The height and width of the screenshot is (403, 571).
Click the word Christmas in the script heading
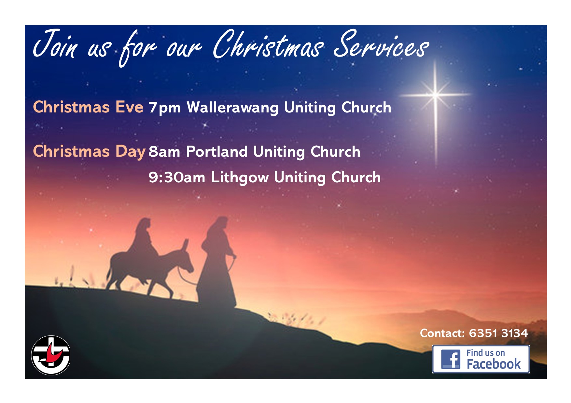[268, 45]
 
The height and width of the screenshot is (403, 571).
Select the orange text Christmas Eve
[88, 107]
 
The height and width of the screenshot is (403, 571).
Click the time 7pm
[164, 108]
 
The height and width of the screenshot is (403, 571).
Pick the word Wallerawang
[232, 108]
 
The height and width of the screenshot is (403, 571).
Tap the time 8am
[164, 152]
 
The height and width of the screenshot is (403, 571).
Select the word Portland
[217, 151]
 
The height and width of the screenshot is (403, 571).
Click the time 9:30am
[177, 178]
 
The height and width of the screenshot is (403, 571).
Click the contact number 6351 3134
[498, 333]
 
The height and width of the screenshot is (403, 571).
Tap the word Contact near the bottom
[442, 333]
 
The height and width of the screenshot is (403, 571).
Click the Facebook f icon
[451, 359]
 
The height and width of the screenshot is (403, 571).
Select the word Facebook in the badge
[494, 364]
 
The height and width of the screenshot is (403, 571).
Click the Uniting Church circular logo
[51, 355]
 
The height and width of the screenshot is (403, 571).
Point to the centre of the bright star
[436, 95]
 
